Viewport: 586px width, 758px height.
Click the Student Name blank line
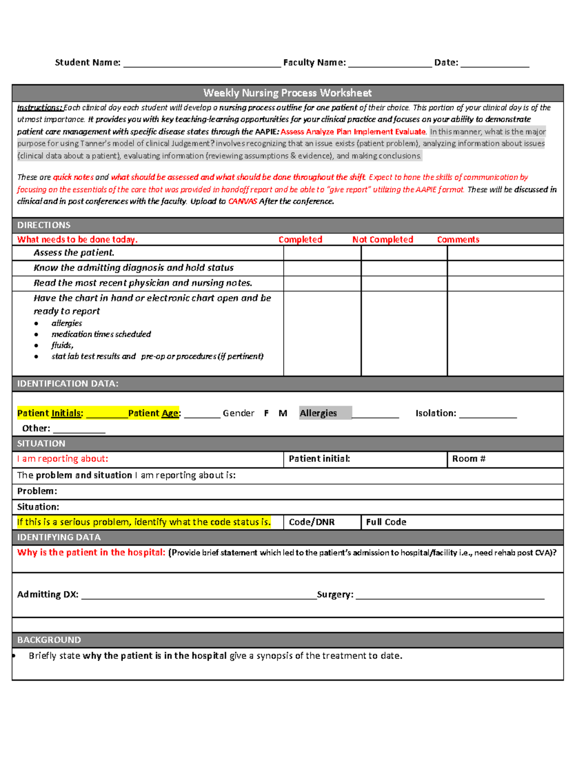point(202,63)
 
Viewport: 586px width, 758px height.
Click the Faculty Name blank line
point(390,63)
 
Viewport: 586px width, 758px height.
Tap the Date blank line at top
point(494,63)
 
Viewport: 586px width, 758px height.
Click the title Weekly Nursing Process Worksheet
point(287,93)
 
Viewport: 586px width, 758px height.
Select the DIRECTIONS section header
point(44,225)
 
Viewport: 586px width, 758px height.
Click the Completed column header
point(300,239)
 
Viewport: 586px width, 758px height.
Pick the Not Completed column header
point(382,239)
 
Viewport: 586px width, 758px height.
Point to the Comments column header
point(458,239)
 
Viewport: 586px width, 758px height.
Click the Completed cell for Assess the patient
point(322,253)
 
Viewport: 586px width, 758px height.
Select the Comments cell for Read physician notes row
point(505,283)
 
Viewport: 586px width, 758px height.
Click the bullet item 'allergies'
point(67,323)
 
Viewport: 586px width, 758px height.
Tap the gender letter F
point(266,413)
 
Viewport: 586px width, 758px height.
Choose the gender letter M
point(283,413)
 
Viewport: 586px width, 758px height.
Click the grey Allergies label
point(318,413)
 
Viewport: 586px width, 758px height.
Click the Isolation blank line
point(487,414)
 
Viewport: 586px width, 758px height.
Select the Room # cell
point(505,459)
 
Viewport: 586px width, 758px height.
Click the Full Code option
point(386,522)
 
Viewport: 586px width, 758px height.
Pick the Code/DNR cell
point(312,522)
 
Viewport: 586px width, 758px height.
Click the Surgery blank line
point(449,595)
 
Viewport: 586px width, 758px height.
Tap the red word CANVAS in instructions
point(243,201)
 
